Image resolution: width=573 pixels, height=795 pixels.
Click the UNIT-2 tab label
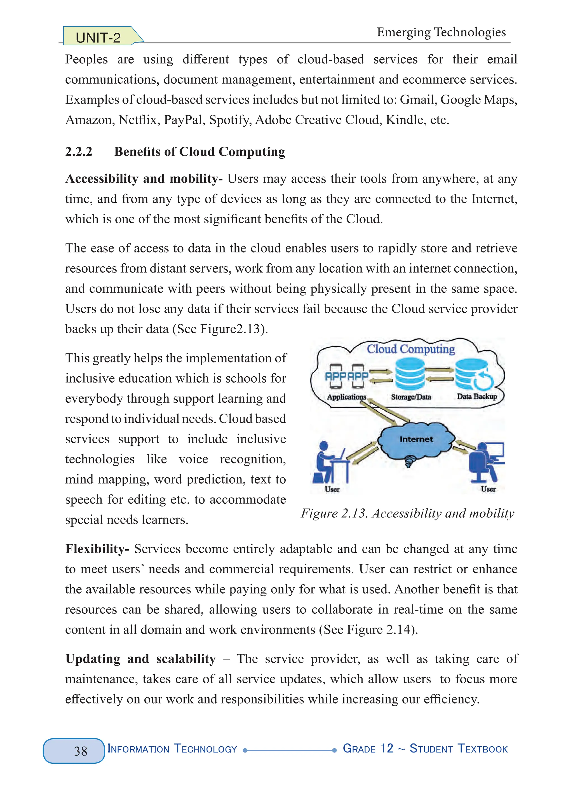point(98,37)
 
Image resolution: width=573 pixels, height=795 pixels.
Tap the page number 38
point(80,751)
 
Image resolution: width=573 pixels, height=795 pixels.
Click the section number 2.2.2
point(79,151)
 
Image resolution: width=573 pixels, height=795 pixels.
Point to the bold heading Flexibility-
point(97,548)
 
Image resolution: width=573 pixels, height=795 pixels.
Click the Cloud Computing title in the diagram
point(411,349)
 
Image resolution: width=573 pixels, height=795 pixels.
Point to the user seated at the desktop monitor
point(485,461)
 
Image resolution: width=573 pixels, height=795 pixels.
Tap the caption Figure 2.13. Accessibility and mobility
point(407,513)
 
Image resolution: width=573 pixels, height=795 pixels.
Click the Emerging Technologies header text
point(441,32)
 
